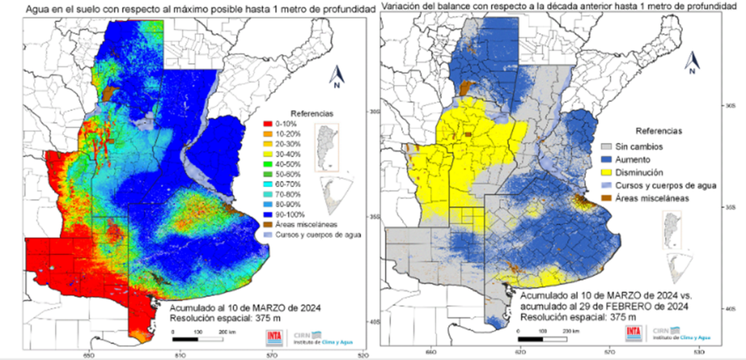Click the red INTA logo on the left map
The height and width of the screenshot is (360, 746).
[274, 337]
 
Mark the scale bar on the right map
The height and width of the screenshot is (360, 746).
[543, 335]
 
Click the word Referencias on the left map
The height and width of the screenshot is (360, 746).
[313, 114]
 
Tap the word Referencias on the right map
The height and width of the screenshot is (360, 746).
[659, 132]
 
